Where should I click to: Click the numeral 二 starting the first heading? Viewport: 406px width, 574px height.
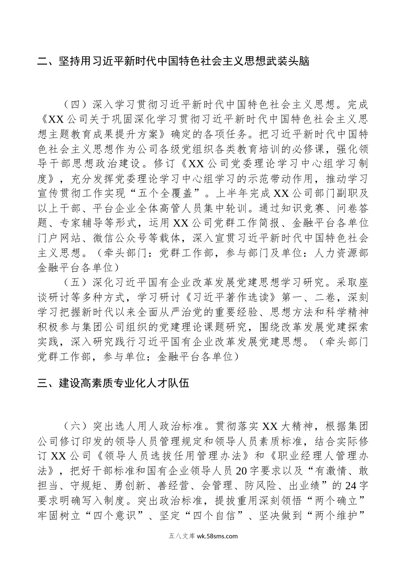tap(43, 61)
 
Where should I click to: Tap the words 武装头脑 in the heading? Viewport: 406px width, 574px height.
tap(287, 61)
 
